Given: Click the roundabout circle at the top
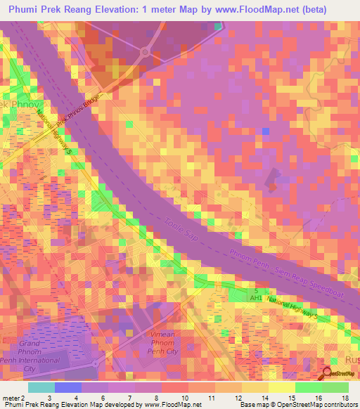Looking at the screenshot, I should (145, 52).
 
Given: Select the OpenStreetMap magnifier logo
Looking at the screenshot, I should (328, 373).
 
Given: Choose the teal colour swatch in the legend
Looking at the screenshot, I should (41, 387).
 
